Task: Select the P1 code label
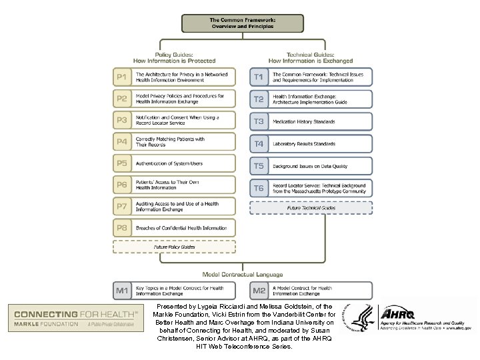[x=122, y=77]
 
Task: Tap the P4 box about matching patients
[x=174, y=142]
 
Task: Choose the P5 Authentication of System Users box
[x=174, y=163]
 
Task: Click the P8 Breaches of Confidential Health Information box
[x=174, y=228]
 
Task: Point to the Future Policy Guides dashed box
[x=174, y=247]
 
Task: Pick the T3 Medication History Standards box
[x=311, y=122]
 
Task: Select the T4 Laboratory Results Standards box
[x=311, y=143]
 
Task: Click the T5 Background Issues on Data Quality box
[x=311, y=165]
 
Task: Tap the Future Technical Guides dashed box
[x=311, y=207]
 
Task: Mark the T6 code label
[x=259, y=188]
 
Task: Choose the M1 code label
[x=122, y=291]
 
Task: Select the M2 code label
[x=259, y=291]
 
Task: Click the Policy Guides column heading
[x=174, y=57]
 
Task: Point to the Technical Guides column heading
[x=311, y=57]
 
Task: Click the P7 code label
[x=122, y=207]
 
